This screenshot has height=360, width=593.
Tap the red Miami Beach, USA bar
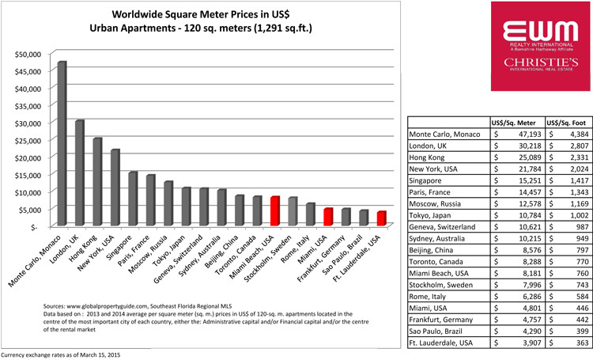tap(274, 211)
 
